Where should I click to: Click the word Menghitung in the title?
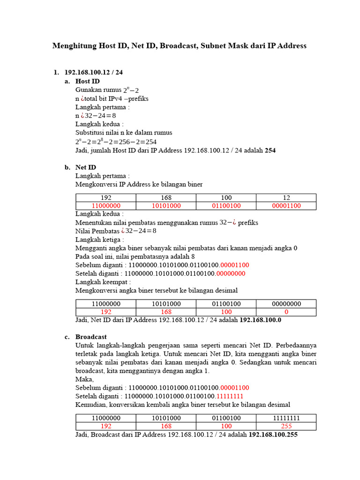pos(74,45)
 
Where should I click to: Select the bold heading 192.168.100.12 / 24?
pos(93,72)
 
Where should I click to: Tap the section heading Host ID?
pos(87,81)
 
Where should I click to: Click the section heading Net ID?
pos(86,167)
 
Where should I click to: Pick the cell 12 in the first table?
pos(286,197)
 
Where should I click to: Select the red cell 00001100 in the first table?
pos(286,206)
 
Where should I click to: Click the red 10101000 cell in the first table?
pos(166,206)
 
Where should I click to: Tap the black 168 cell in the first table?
pos(166,197)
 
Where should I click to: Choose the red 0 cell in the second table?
pos(286,312)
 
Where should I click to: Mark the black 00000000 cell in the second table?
pos(286,303)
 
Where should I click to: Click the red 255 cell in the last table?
pos(286,426)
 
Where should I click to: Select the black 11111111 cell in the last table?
pos(286,418)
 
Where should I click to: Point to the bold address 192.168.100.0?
pos(260,320)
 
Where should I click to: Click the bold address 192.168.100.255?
pos(273,435)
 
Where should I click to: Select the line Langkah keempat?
pos(103,282)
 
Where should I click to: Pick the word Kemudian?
pos(91,404)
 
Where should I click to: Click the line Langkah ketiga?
pos(99,239)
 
